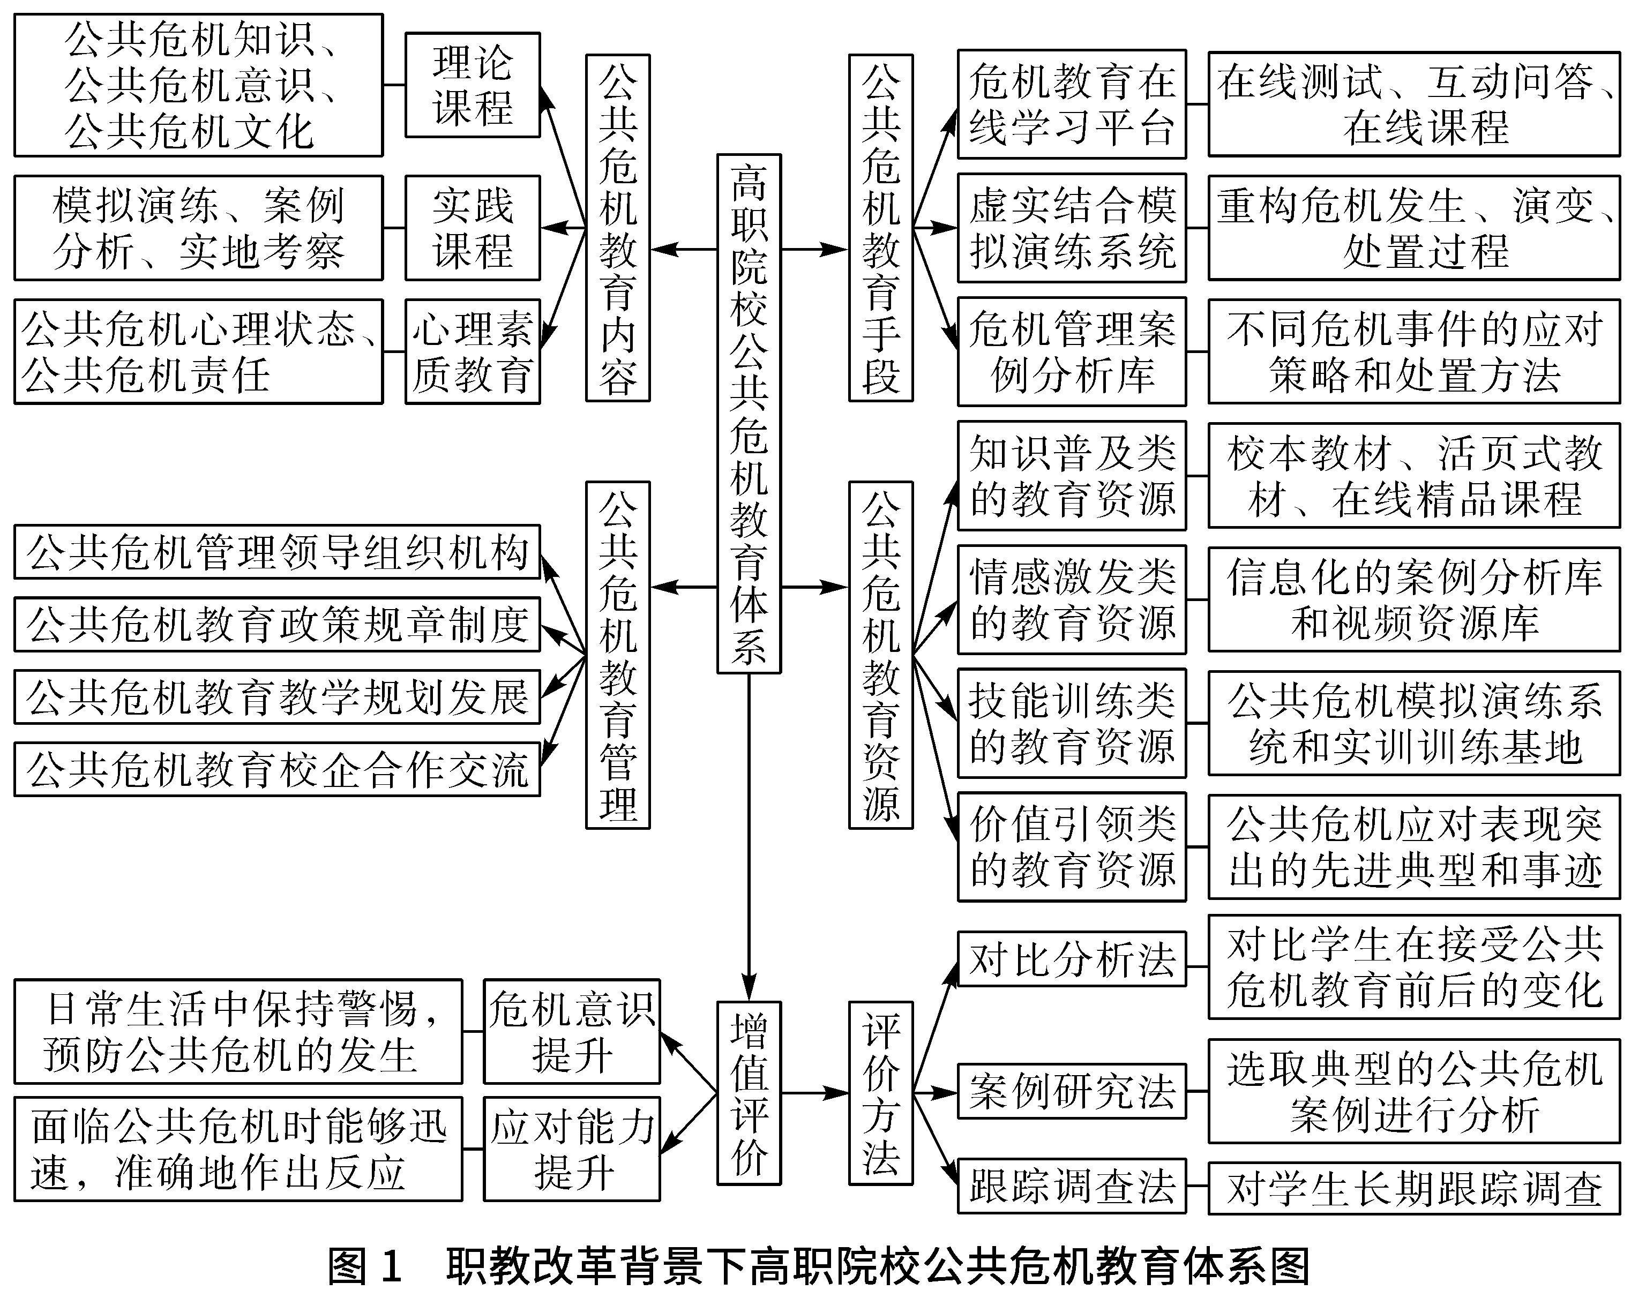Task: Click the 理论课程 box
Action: [x=472, y=85]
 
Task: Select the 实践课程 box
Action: [x=472, y=228]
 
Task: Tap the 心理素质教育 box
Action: [x=472, y=352]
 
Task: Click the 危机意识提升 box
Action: [x=571, y=1032]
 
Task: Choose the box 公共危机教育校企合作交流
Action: [x=277, y=769]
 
